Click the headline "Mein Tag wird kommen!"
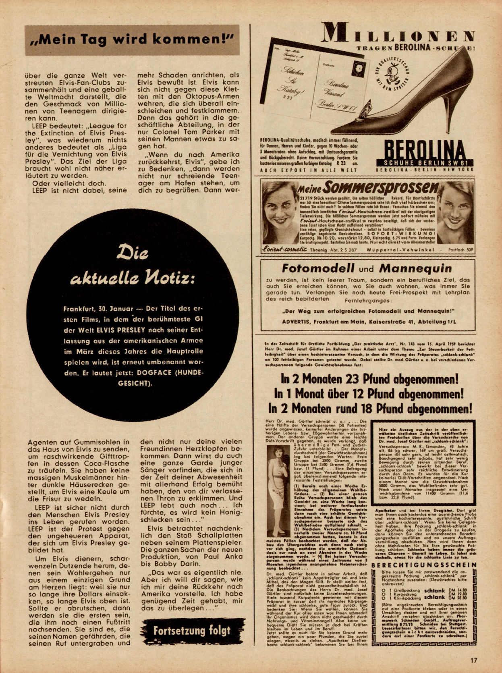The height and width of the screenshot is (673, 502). coord(132,40)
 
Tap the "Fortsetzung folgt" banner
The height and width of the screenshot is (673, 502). coord(192,630)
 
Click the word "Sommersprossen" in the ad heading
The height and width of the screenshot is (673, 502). coord(379,188)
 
